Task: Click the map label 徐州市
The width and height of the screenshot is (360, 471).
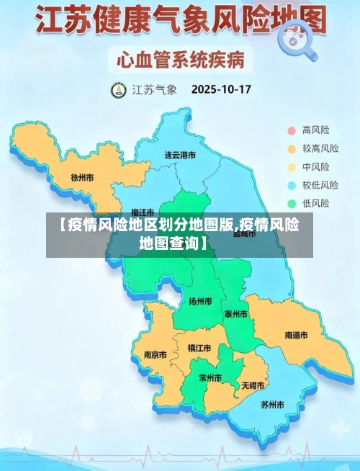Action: [83, 176]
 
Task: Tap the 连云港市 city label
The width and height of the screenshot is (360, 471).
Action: [180, 154]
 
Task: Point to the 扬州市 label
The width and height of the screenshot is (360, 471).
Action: [199, 301]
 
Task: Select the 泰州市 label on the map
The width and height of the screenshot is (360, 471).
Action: [236, 314]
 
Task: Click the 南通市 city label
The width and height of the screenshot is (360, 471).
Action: [296, 336]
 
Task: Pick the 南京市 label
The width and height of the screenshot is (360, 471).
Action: [155, 354]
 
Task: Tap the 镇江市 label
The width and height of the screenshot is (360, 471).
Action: [199, 348]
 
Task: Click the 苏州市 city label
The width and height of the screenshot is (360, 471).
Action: [273, 404]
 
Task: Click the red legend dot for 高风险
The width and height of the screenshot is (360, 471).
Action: [292, 130]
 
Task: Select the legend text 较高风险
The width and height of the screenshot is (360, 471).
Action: [320, 148]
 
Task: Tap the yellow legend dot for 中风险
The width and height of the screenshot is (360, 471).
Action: [292, 167]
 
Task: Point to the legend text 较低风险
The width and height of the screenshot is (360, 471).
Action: [320, 185]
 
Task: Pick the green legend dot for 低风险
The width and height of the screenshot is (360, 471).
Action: [292, 203]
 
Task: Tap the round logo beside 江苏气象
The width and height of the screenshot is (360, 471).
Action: [117, 91]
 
